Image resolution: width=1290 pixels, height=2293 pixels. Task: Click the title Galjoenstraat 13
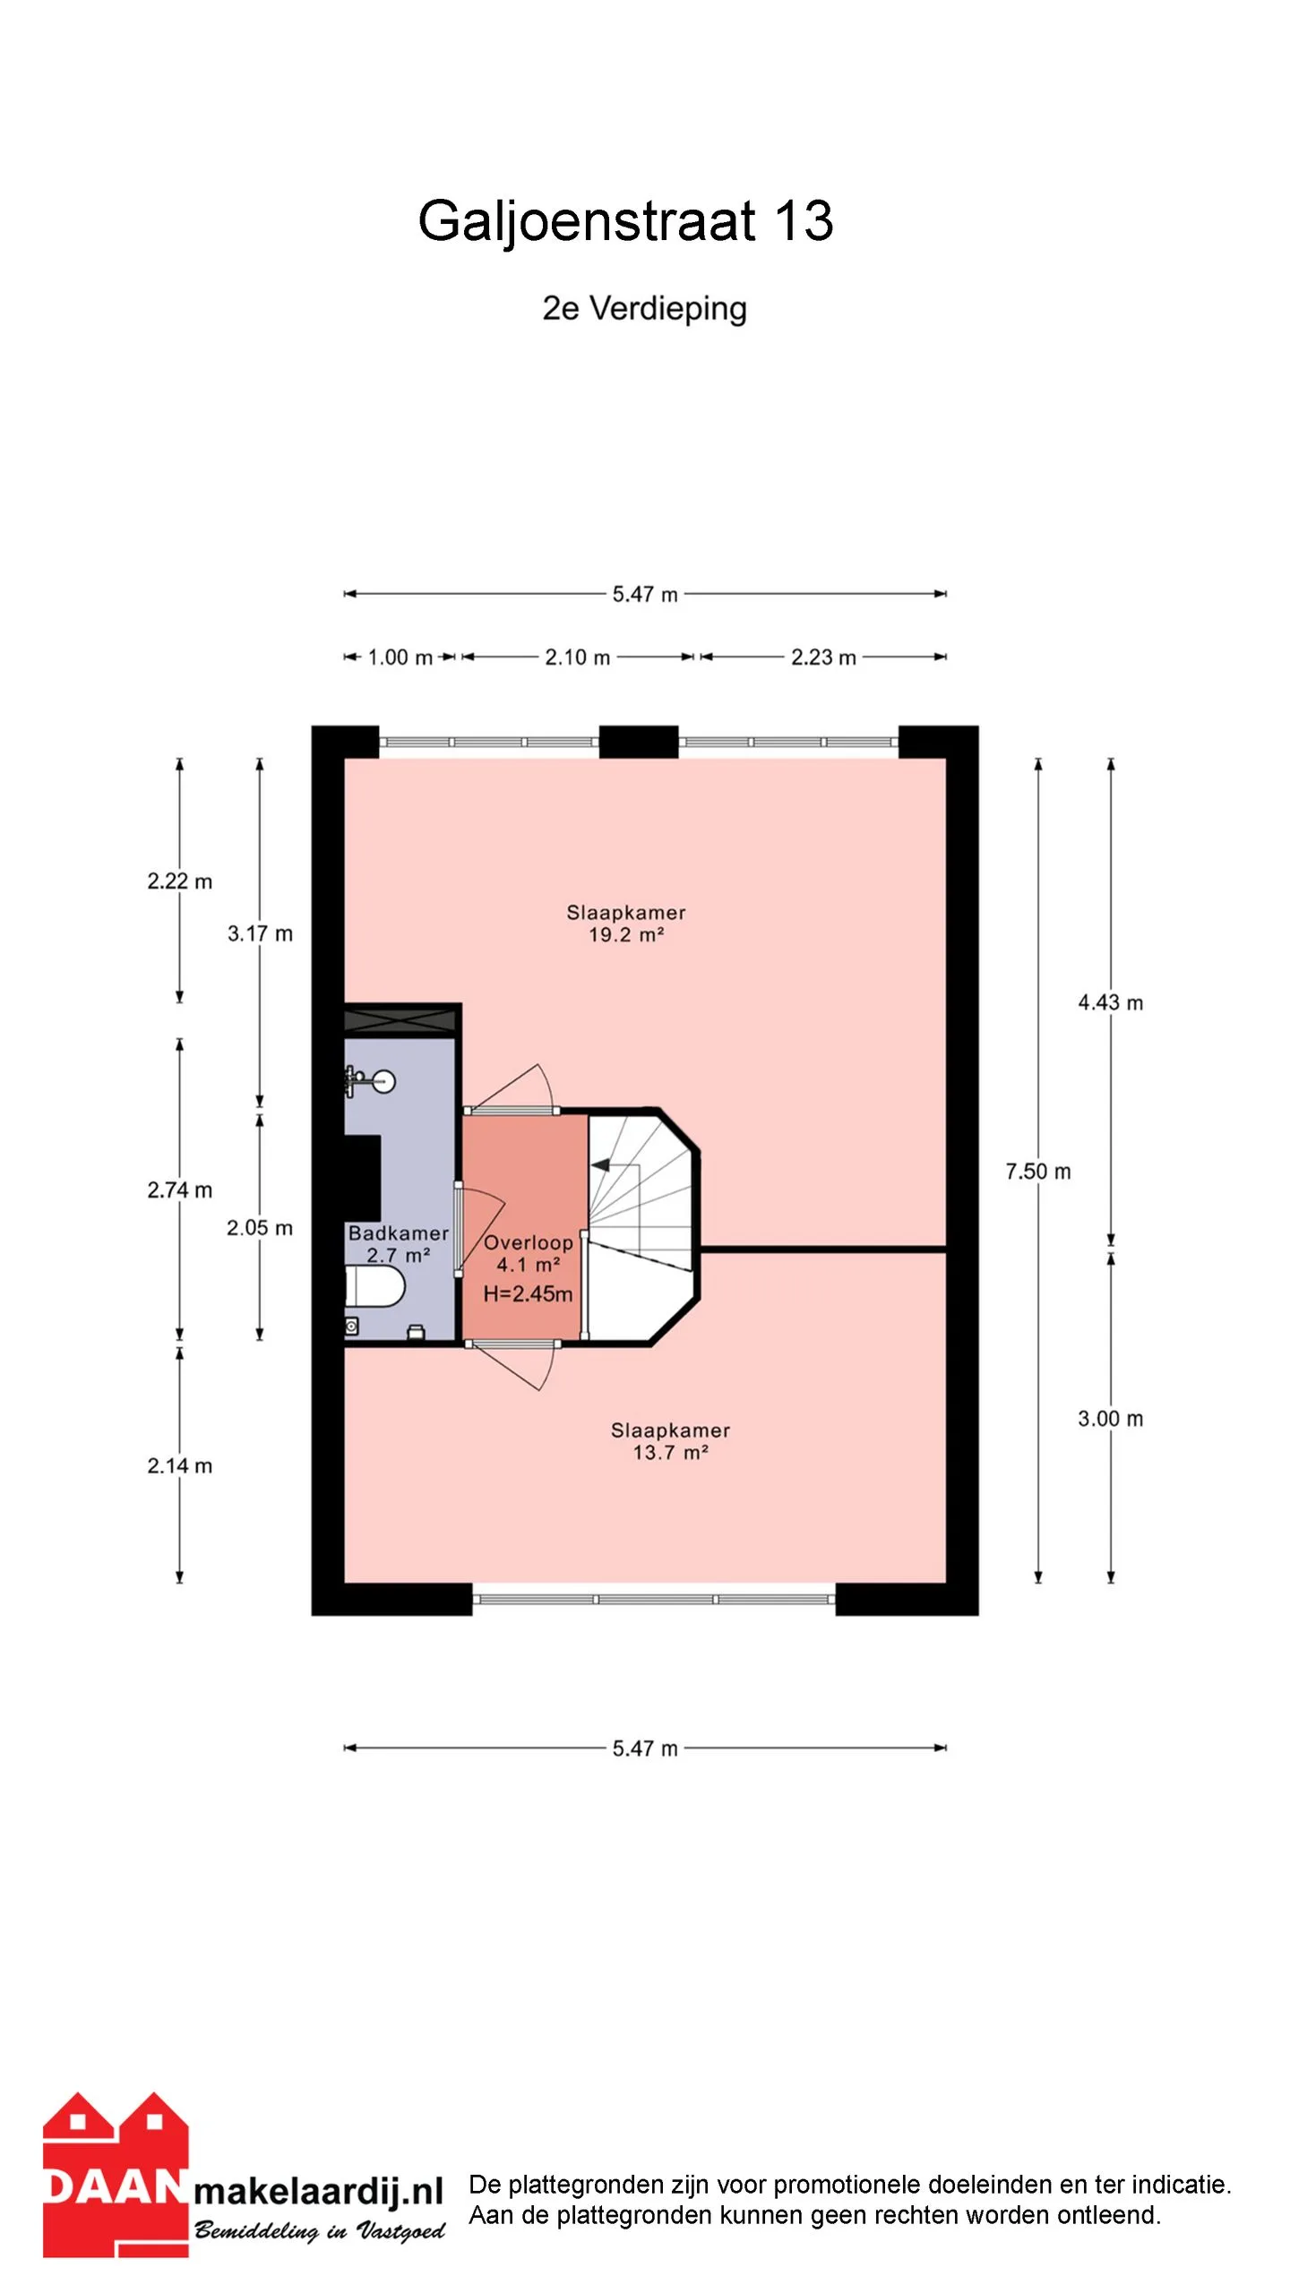(625, 221)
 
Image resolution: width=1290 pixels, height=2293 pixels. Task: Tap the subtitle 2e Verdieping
(644, 309)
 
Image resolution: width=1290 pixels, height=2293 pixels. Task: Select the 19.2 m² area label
(625, 935)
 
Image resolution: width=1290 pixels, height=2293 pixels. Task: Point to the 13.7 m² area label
(670, 1453)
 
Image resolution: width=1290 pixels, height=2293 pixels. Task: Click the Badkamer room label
(398, 1233)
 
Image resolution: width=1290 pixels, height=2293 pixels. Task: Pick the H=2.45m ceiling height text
(528, 1293)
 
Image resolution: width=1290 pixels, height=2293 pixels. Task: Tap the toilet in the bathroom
(375, 1287)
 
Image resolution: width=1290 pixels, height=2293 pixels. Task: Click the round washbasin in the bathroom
(383, 1082)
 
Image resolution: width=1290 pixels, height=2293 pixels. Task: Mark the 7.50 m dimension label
(1037, 1172)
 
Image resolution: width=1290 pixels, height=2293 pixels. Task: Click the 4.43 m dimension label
(1110, 1003)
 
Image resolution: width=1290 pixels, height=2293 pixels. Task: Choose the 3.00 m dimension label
(1110, 1419)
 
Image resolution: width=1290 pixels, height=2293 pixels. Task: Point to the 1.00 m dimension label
(400, 657)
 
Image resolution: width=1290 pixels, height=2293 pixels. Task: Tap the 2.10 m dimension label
(577, 657)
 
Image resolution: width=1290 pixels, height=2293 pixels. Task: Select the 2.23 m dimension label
(823, 657)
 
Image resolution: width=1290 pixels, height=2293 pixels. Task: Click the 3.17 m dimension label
(260, 934)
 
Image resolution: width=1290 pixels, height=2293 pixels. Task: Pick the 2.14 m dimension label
(179, 1466)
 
